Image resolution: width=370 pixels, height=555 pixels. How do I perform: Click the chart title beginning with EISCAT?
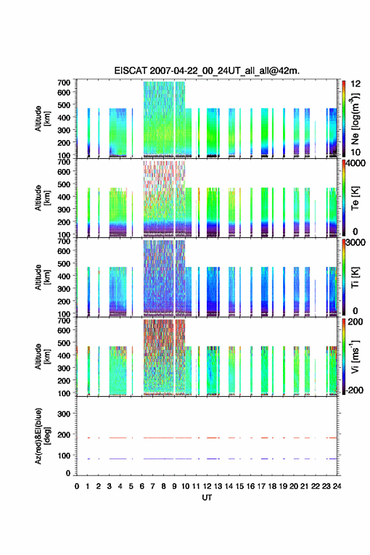tap(207, 71)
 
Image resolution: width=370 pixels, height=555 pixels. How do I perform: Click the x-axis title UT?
tap(207, 498)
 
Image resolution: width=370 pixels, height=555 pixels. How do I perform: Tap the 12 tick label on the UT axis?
tap(207, 486)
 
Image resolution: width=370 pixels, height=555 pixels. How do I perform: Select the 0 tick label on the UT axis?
tap(77, 486)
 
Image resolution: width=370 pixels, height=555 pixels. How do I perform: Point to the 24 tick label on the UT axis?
tap(337, 486)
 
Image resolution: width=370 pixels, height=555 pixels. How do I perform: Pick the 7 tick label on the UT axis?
tap(153, 486)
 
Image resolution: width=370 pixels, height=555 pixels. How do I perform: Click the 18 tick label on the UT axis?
tap(272, 486)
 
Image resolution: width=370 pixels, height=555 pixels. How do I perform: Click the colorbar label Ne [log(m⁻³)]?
tap(356, 119)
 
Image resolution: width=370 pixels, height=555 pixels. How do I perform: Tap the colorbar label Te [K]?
tap(355, 198)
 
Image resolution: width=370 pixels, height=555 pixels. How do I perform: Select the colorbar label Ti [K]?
tap(355, 277)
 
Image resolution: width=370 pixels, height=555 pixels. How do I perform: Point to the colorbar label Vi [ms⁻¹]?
tap(355, 356)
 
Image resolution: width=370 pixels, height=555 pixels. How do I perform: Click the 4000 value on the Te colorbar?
tap(356, 163)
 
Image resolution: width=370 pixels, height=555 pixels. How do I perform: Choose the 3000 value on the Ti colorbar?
tap(356, 242)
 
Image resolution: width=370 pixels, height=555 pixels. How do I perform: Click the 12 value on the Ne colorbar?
tap(356, 84)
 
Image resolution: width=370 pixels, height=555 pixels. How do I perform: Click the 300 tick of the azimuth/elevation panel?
tap(64, 414)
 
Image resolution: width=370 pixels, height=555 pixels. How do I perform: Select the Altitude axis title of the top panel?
tap(41, 119)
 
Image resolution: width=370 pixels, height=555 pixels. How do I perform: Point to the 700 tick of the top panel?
tap(64, 83)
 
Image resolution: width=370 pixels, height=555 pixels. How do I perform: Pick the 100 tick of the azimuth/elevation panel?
tap(64, 455)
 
